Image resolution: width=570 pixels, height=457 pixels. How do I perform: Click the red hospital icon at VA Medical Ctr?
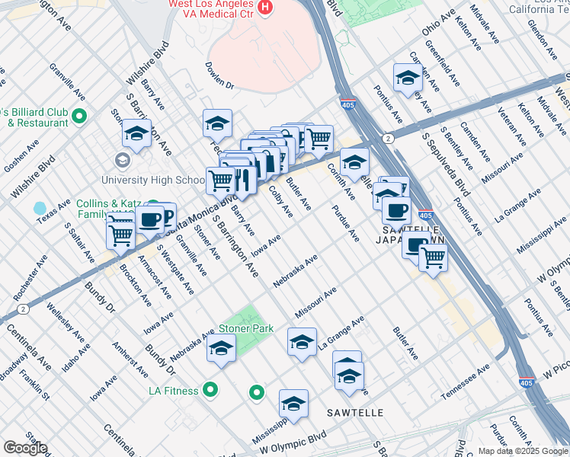pos(265,8)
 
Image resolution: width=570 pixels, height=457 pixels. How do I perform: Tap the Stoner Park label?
pos(245,329)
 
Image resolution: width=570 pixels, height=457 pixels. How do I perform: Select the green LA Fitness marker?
pos(211,391)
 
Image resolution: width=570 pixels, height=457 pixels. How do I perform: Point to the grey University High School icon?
pos(121,161)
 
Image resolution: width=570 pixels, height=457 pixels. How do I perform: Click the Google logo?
pos(24,448)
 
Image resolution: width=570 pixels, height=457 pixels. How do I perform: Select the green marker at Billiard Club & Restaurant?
pos(80,117)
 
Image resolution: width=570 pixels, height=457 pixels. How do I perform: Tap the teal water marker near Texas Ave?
pos(40,207)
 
